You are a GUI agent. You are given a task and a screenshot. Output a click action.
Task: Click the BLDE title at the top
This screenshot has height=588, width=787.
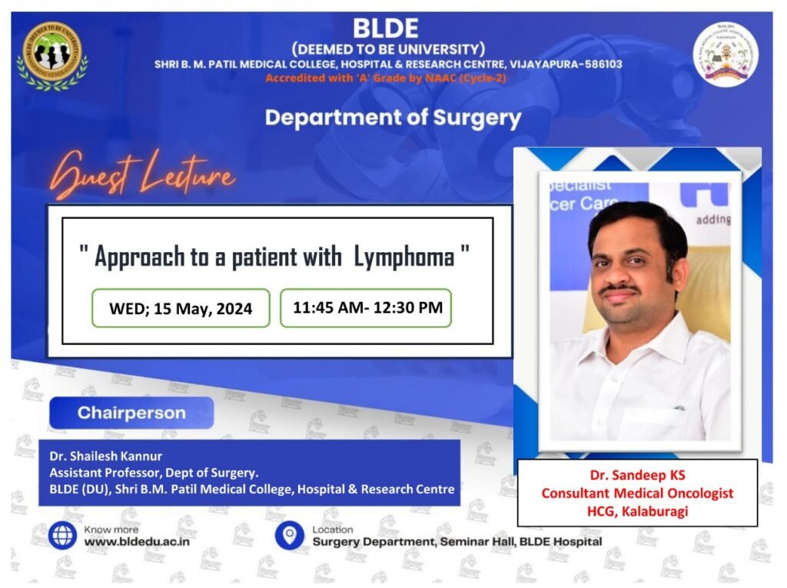click(x=386, y=28)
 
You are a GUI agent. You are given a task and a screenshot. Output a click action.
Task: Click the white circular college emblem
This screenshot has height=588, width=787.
click(x=726, y=55)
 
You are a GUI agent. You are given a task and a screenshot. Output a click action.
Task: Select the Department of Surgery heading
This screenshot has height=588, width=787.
click(x=393, y=118)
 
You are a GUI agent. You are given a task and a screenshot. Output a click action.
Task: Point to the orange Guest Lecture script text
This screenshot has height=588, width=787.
click(x=142, y=174)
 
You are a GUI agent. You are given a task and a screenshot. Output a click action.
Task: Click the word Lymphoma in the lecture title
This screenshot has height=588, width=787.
click(x=404, y=257)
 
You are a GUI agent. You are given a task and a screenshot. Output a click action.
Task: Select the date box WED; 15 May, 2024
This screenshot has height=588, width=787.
click(x=181, y=308)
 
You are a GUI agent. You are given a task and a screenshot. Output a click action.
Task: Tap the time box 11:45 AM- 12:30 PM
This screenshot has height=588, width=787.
click(x=366, y=307)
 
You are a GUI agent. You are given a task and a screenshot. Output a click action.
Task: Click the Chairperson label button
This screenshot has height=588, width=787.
click(x=131, y=413)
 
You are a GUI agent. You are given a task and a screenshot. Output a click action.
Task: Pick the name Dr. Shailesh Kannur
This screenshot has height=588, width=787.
click(x=105, y=456)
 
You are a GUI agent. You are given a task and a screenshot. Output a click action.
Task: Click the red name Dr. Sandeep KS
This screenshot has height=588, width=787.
click(x=637, y=475)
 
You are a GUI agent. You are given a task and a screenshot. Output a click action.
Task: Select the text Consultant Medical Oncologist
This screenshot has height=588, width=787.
click(x=637, y=493)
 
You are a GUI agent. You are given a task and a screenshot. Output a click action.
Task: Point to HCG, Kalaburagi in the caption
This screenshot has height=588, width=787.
click(x=637, y=511)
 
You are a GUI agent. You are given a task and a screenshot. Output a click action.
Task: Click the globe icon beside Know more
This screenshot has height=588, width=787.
click(x=62, y=535)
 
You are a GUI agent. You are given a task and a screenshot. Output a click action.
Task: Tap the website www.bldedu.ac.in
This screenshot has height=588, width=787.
click(x=137, y=542)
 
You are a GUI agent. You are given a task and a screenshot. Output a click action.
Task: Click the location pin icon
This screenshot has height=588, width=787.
click(x=290, y=535)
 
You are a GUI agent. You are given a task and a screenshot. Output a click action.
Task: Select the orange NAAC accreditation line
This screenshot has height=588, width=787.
click(x=386, y=78)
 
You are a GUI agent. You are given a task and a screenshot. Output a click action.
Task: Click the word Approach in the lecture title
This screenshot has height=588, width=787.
click(x=140, y=257)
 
